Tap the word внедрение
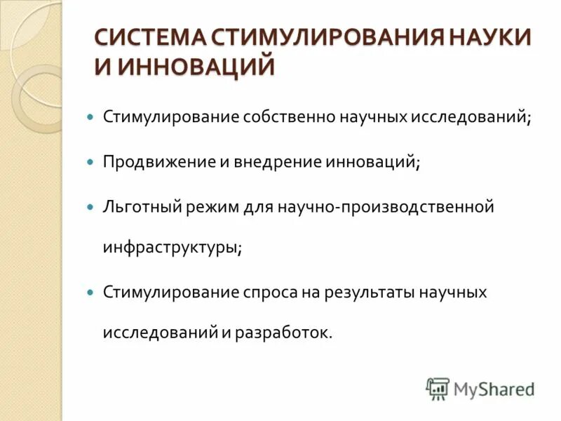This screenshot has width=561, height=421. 278,162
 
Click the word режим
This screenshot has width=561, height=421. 214,207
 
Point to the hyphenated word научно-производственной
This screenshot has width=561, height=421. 386,207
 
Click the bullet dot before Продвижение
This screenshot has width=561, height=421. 89,162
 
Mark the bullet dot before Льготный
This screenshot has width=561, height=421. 89,208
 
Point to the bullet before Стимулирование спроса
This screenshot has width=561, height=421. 89,292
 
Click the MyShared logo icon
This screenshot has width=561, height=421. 438,388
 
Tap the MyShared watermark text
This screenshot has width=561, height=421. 494,388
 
